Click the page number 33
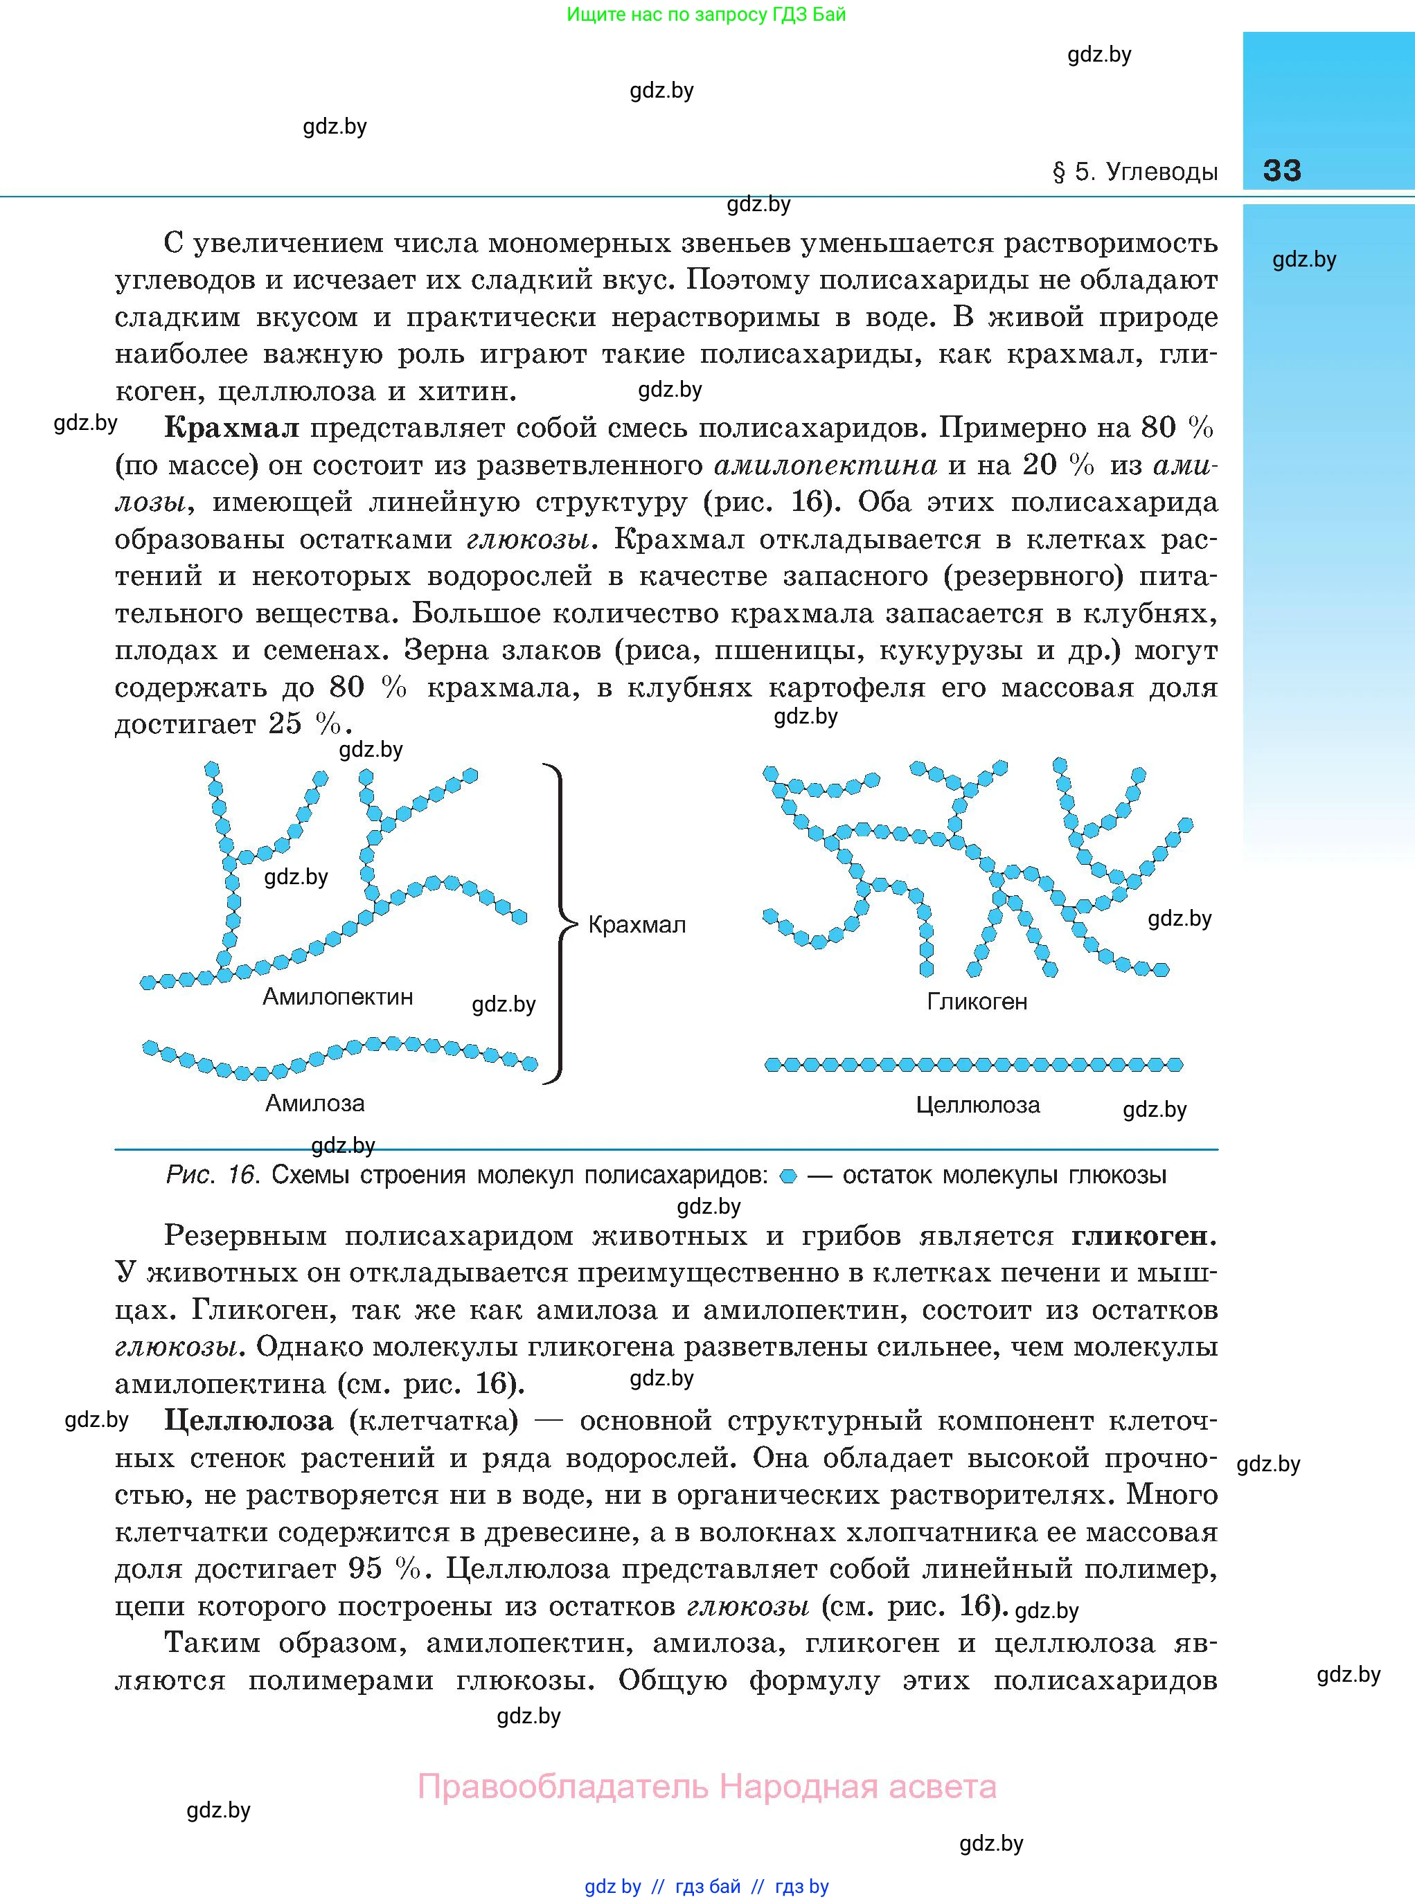pyautogui.click(x=1281, y=170)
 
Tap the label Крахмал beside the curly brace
pyautogui.click(x=637, y=924)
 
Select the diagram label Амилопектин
pyautogui.click(x=337, y=996)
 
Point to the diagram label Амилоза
pyautogui.click(x=314, y=1103)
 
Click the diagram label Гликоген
pyautogui.click(x=977, y=1002)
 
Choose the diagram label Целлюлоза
pyautogui.click(x=977, y=1104)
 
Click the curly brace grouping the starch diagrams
pyautogui.click(x=558, y=924)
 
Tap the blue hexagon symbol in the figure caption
pyautogui.click(x=789, y=1177)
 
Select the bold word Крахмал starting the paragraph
pyautogui.click(x=231, y=428)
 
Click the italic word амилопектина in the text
pyautogui.click(x=824, y=465)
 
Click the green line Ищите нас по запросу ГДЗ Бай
pyautogui.click(x=706, y=15)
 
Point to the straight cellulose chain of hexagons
pyautogui.click(x=973, y=1065)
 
